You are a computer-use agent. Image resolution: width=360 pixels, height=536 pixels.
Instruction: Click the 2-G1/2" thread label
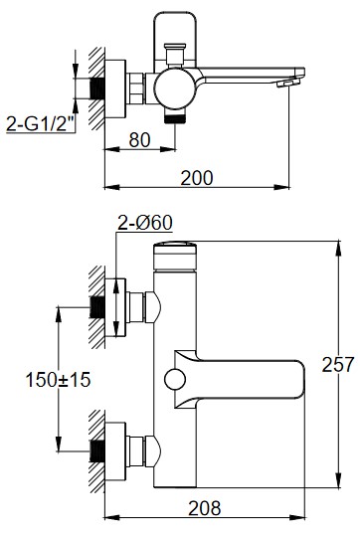coord(41,123)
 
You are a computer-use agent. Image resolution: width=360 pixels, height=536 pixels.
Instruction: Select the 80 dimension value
coord(139,140)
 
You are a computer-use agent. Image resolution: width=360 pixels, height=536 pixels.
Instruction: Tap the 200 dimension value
coord(197,178)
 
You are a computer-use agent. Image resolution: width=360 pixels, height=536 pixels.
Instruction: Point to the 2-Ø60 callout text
coord(145,223)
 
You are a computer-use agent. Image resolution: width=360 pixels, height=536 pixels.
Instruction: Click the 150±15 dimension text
coord(58,380)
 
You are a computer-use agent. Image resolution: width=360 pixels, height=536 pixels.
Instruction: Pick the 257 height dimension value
coord(337,364)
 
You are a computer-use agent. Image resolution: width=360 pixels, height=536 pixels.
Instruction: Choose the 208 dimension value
coord(205,508)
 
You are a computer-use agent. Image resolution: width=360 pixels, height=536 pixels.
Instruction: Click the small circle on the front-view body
coord(175,380)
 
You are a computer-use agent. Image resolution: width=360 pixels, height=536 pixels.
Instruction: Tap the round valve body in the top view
coord(174,89)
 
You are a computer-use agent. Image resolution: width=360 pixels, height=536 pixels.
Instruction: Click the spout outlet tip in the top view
coord(288,83)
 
